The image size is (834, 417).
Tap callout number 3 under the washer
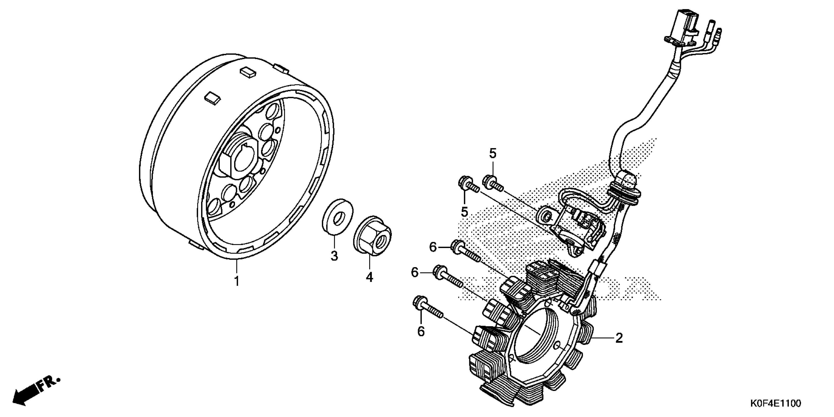point(334,256)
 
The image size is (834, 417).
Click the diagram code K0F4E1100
point(775,404)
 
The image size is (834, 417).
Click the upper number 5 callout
point(493,154)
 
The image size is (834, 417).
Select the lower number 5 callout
point(465,212)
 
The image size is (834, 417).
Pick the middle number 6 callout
point(415,273)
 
